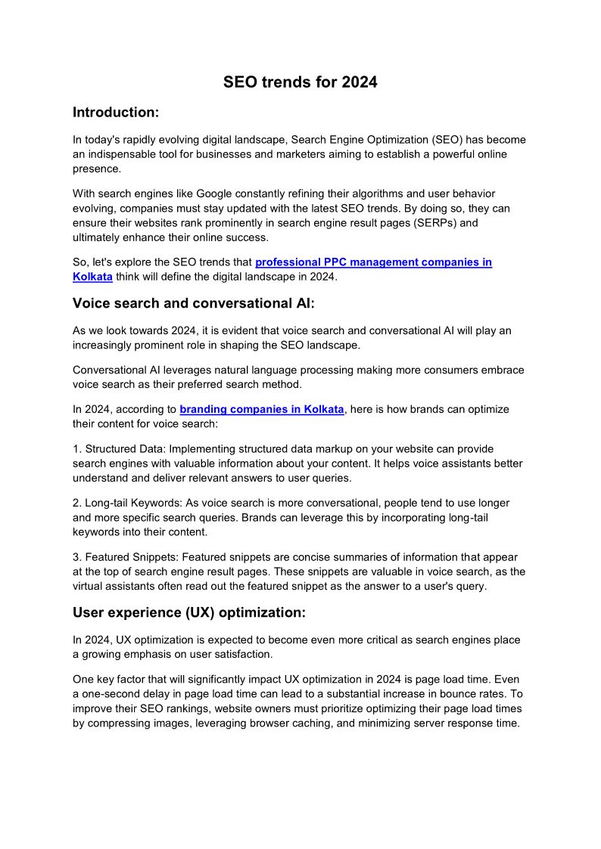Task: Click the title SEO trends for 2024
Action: [300, 82]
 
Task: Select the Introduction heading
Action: [116, 113]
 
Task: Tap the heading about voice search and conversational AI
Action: [192, 303]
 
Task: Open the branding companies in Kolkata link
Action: [261, 409]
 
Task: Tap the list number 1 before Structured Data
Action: [76, 449]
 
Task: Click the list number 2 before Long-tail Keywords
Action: [76, 503]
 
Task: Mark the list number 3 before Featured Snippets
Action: [76, 557]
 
